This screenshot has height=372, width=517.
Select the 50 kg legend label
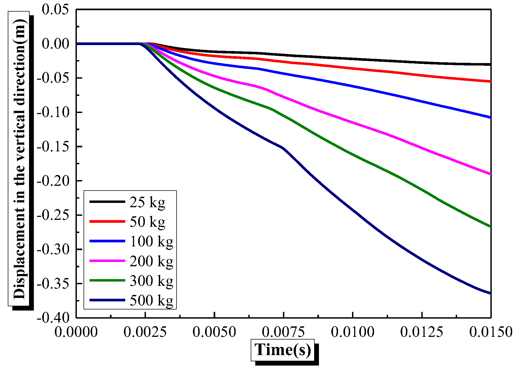[147, 222]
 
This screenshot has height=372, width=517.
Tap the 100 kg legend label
[152, 241]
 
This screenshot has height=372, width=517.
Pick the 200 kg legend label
[152, 261]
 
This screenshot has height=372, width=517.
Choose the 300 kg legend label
[152, 281]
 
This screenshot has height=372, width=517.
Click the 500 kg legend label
[152, 300]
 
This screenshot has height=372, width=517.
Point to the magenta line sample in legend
[107, 261]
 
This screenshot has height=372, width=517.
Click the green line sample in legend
[107, 280]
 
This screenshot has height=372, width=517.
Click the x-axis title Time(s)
[283, 350]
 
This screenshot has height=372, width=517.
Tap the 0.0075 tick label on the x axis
[283, 332]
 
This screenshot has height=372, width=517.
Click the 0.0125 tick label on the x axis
[422, 332]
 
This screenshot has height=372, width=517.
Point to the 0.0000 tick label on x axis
[76, 332]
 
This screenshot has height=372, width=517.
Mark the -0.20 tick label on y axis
[53, 181]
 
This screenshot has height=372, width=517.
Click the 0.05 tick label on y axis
[55, 10]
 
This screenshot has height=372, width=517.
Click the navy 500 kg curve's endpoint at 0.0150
[490, 293]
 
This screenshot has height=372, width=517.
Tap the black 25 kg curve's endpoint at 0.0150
[490, 64]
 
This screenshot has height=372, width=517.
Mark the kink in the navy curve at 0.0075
[283, 148]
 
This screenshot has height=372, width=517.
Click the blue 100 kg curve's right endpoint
[490, 117]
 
